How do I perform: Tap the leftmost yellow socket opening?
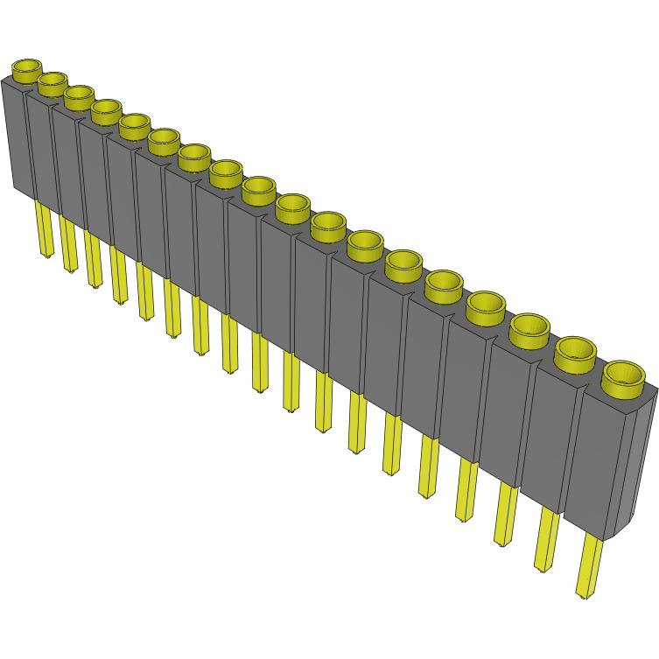(x=27, y=67)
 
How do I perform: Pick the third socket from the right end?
(x=529, y=327)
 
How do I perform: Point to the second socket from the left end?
(x=53, y=81)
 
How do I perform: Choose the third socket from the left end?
(x=79, y=94)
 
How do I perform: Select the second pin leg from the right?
(x=546, y=538)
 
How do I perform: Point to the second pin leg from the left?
(x=68, y=244)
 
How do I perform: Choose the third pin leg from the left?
(x=93, y=259)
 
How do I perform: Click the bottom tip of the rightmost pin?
(x=584, y=596)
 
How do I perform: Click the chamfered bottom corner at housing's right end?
(x=618, y=530)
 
